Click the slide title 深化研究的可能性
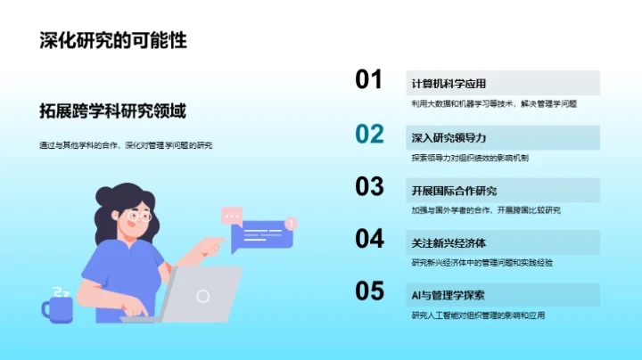(113, 40)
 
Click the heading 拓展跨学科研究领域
(112, 111)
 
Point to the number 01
(369, 80)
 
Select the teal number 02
(369, 134)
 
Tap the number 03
(369, 186)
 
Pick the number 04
(369, 239)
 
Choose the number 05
(369, 291)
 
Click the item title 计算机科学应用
(449, 84)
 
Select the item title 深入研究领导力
(449, 138)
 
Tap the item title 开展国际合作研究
(454, 191)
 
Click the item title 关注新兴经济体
(449, 243)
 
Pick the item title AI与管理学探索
(449, 296)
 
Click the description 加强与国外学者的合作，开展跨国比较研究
(486, 210)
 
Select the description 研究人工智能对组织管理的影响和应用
(478, 315)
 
